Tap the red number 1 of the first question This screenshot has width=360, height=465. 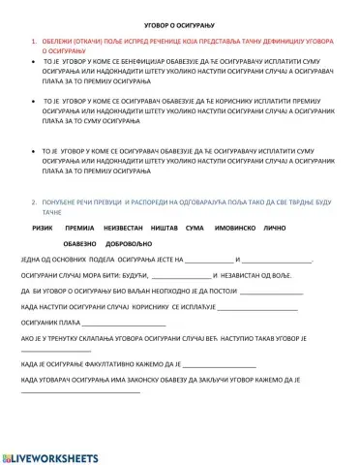34,42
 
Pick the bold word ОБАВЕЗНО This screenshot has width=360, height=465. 82,244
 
